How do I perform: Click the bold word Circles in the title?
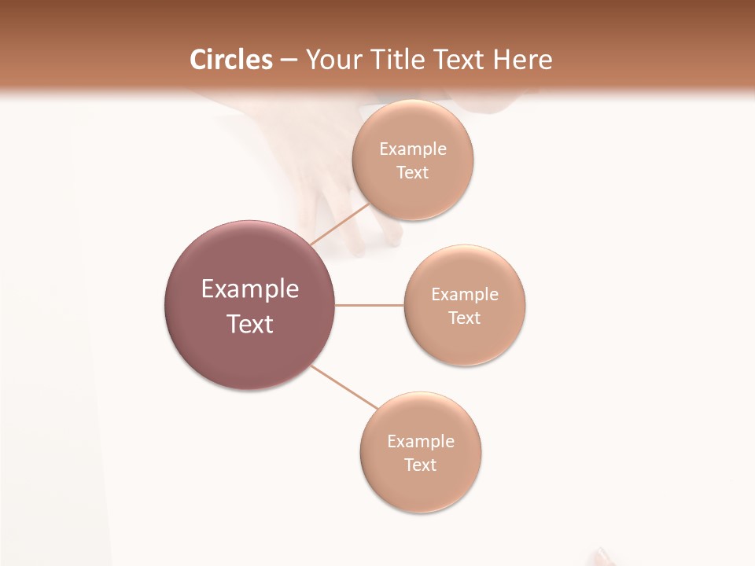(x=231, y=60)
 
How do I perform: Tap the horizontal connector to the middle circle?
(x=370, y=305)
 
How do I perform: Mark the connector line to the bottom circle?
(x=344, y=387)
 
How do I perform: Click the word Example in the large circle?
(x=250, y=289)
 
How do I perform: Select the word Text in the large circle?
(x=250, y=324)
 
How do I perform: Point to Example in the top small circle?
(x=413, y=149)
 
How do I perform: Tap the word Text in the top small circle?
(x=412, y=173)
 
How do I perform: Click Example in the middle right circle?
(x=465, y=295)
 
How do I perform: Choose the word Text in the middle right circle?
(x=464, y=318)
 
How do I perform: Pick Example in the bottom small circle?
(x=421, y=442)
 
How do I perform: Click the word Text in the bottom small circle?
(x=420, y=465)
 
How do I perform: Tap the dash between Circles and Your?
(x=289, y=61)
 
